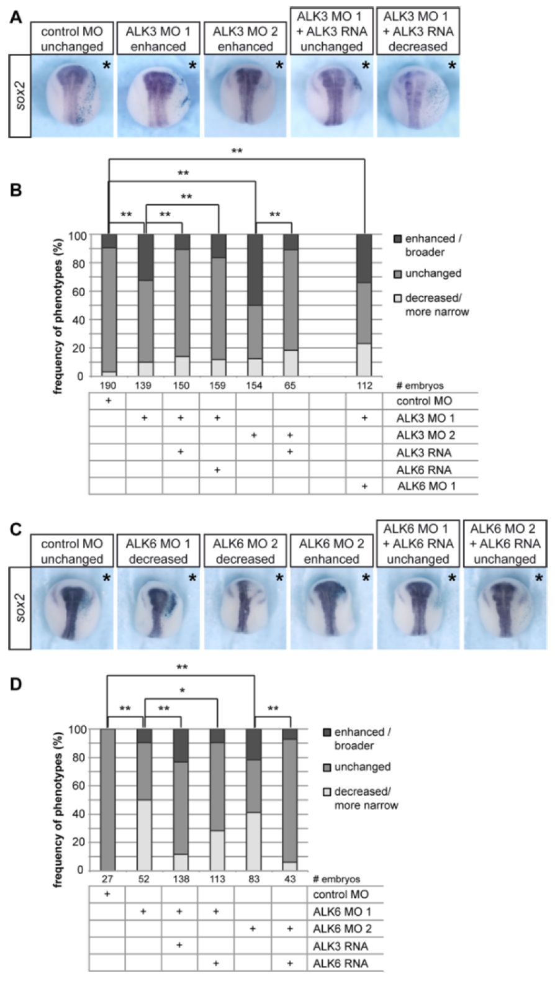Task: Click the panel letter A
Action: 16,17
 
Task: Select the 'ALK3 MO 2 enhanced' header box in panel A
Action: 245,38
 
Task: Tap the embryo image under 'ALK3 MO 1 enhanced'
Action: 158,96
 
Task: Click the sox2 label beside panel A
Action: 20,96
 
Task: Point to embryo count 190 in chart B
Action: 108,386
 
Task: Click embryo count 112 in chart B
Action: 364,386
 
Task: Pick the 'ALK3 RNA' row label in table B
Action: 424,452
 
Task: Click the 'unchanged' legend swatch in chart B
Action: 397,274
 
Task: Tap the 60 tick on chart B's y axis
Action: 76,292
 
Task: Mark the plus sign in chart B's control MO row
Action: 108,401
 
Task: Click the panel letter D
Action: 16,684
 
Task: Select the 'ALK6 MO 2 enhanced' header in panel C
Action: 332,551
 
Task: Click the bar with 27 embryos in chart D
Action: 108,799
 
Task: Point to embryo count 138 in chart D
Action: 181,879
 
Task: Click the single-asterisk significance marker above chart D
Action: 181,690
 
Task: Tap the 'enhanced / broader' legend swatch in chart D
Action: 327,733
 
